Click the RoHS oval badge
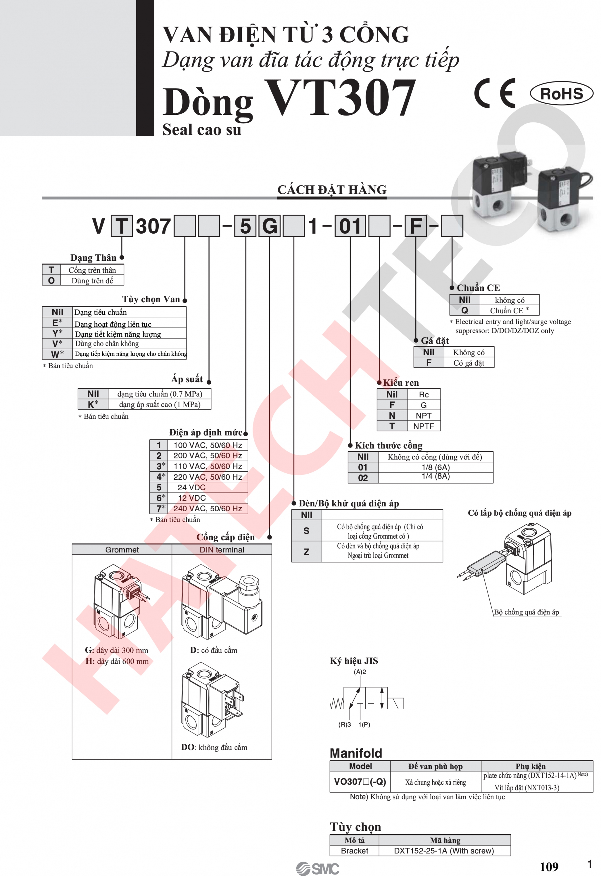(x=561, y=93)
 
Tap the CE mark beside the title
(x=495, y=93)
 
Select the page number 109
(x=549, y=867)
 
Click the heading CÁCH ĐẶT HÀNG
(x=332, y=190)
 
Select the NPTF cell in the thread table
(x=424, y=426)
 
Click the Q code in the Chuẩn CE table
(x=464, y=310)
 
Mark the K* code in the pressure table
(x=93, y=404)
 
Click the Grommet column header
(x=122, y=550)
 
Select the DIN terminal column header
(x=222, y=550)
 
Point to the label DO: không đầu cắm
(x=214, y=747)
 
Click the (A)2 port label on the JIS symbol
(x=360, y=672)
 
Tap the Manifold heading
(x=356, y=753)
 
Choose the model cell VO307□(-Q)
(x=360, y=781)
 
